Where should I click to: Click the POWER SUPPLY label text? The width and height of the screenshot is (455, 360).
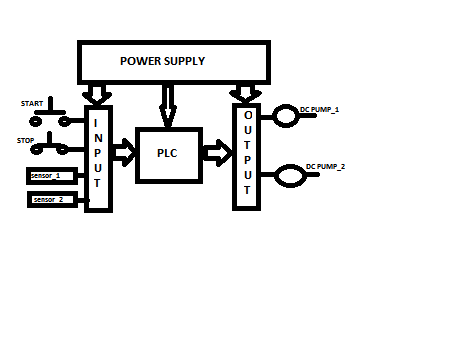tap(162, 61)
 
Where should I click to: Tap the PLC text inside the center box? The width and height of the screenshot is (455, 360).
tap(167, 153)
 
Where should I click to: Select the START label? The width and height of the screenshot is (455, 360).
tap(32, 104)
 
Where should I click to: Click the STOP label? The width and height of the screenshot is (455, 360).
tap(25, 141)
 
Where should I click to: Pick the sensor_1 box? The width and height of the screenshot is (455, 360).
tap(52, 176)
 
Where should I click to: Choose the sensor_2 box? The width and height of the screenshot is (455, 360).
tap(52, 200)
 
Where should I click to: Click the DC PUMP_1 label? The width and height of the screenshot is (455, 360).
tap(319, 109)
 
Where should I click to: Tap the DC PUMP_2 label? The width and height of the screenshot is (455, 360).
tap(325, 166)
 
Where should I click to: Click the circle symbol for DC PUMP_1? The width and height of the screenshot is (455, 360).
tap(285, 116)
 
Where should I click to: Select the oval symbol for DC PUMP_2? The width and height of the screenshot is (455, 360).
tap(290, 176)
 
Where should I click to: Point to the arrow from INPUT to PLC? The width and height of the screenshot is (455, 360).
tap(124, 153)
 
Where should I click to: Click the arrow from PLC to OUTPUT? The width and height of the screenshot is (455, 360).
tap(217, 153)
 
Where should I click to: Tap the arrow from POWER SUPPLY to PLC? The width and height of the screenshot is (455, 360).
tap(168, 106)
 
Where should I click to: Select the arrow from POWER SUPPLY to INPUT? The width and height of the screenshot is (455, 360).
tap(97, 94)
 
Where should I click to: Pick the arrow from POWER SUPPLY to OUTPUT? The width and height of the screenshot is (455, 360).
tap(245, 94)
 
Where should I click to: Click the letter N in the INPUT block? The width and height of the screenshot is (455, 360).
tap(98, 138)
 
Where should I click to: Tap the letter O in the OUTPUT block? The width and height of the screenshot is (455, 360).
tap(248, 115)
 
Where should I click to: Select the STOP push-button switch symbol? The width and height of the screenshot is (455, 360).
tap(49, 144)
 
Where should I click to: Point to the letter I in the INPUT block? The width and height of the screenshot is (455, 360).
tap(96, 123)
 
